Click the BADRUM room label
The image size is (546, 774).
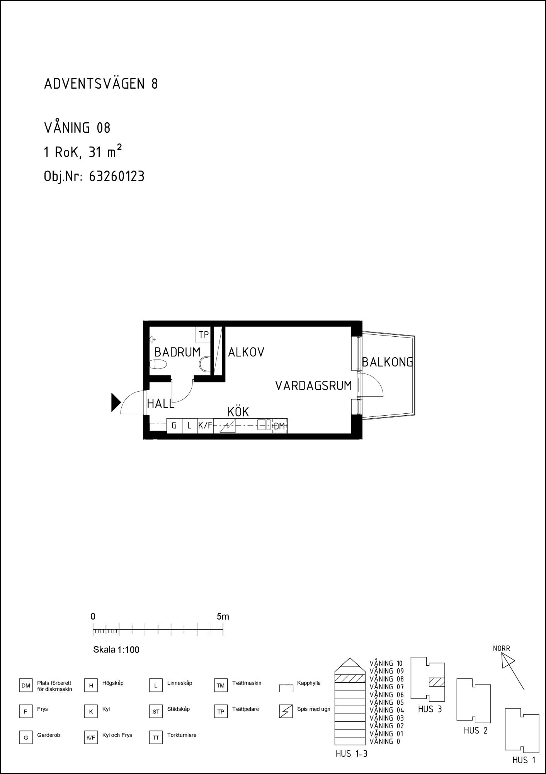coord(177,352)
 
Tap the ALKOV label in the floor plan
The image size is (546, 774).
coord(246,352)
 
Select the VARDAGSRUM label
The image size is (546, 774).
coord(314,386)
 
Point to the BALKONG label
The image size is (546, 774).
coord(388,362)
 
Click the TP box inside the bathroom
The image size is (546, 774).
coord(203,335)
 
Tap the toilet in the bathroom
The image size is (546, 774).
coord(158,364)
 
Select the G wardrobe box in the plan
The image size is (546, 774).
coord(174,426)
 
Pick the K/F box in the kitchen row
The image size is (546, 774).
coord(205,426)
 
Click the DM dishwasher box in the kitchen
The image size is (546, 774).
coord(279,426)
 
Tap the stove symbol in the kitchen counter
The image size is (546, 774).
coord(227,426)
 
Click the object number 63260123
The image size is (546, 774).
coord(117,176)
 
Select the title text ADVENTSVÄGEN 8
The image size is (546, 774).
coord(101,84)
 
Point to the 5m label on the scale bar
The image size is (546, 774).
coord(223,616)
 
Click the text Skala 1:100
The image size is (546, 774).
coord(116,650)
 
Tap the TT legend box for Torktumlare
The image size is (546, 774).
coord(156,738)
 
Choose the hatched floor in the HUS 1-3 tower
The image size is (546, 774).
coord(350,678)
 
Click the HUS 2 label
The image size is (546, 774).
coord(476,731)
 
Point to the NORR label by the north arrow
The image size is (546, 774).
coord(502,648)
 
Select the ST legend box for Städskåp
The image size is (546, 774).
coord(156,711)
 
